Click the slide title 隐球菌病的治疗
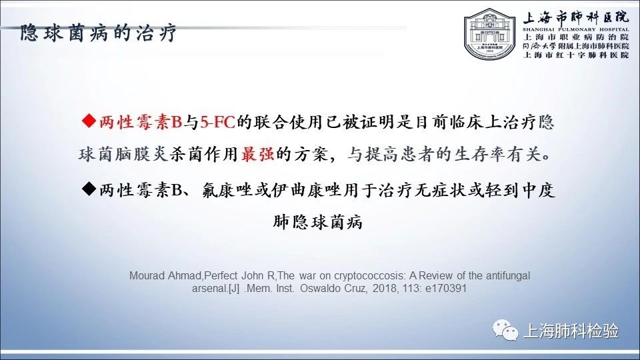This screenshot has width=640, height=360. (99, 33)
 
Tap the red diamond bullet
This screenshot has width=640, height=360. (89, 121)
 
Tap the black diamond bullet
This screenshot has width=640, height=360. (89, 189)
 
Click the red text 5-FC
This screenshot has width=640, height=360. (217, 122)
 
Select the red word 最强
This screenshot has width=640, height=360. (257, 154)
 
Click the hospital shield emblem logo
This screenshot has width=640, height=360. (490, 35)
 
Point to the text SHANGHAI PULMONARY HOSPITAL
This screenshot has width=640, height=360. (576, 29)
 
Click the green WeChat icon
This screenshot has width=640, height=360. (505, 330)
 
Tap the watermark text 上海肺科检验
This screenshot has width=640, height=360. (571, 331)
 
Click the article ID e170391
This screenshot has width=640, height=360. (446, 289)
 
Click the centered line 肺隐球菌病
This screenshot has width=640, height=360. (317, 223)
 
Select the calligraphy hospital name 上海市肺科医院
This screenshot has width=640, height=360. (576, 17)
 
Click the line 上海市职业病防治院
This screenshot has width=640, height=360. (576, 37)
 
